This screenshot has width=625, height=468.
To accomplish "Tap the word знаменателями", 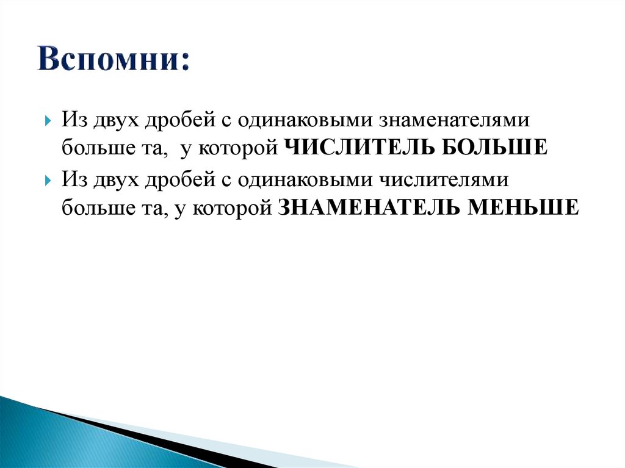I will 453,120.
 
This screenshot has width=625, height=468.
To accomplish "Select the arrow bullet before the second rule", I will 48,181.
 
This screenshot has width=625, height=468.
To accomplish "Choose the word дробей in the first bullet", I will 179,120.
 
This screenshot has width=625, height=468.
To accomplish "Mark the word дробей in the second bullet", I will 179,180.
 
